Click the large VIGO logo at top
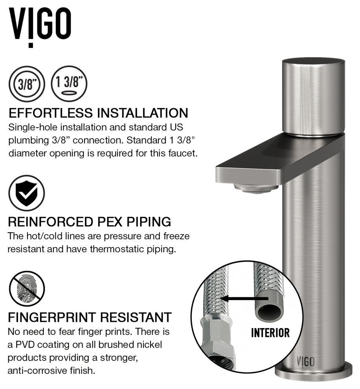40,27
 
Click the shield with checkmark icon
27,193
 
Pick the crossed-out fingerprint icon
27,289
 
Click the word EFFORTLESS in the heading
51,113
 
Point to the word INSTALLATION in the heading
142,113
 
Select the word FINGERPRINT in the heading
52,317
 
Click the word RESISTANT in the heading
136,317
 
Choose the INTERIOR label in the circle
270,333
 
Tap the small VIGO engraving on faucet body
306,362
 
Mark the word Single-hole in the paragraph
33,128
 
